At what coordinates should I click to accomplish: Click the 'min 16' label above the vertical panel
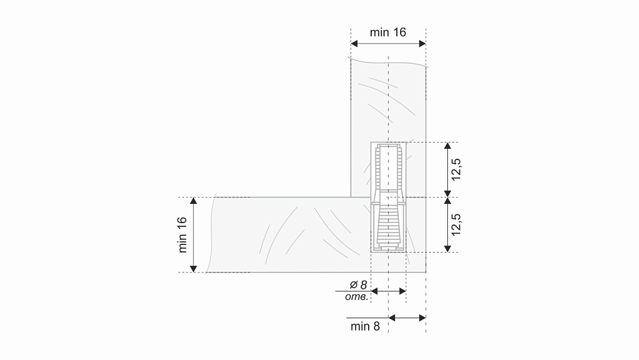click(x=388, y=32)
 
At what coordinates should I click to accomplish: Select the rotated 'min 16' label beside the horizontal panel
click(x=182, y=235)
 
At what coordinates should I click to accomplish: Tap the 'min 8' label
click(x=365, y=326)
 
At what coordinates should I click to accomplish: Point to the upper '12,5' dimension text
click(x=456, y=169)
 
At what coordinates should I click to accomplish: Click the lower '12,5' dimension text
click(x=456, y=224)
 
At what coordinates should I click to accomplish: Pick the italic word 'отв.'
click(x=357, y=297)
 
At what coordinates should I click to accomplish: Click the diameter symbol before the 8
click(x=353, y=285)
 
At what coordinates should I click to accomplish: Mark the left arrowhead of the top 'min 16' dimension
click(x=354, y=43)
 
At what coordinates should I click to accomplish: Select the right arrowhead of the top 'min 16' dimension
click(x=422, y=43)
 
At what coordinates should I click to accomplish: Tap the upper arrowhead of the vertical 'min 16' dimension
click(x=194, y=201)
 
